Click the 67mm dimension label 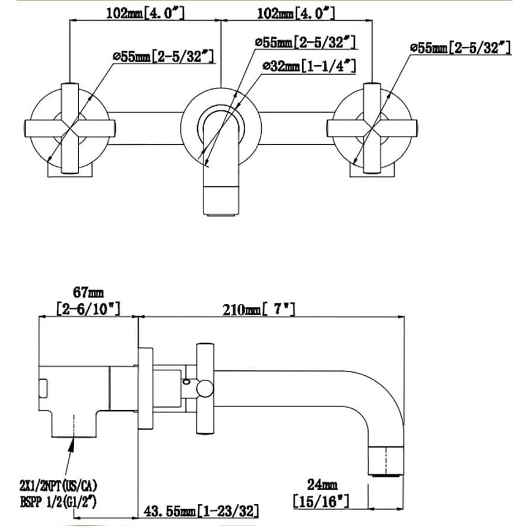(88, 293)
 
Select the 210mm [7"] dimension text (259, 310)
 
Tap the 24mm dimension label (321, 485)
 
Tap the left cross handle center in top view (70, 128)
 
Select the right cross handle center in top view (372, 128)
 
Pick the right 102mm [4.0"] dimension (295, 13)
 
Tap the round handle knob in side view (204, 389)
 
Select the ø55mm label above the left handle (163, 56)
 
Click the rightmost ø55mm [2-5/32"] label (460, 47)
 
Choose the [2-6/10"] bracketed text (88, 309)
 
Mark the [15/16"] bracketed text (321, 502)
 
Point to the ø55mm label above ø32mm (304, 43)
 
